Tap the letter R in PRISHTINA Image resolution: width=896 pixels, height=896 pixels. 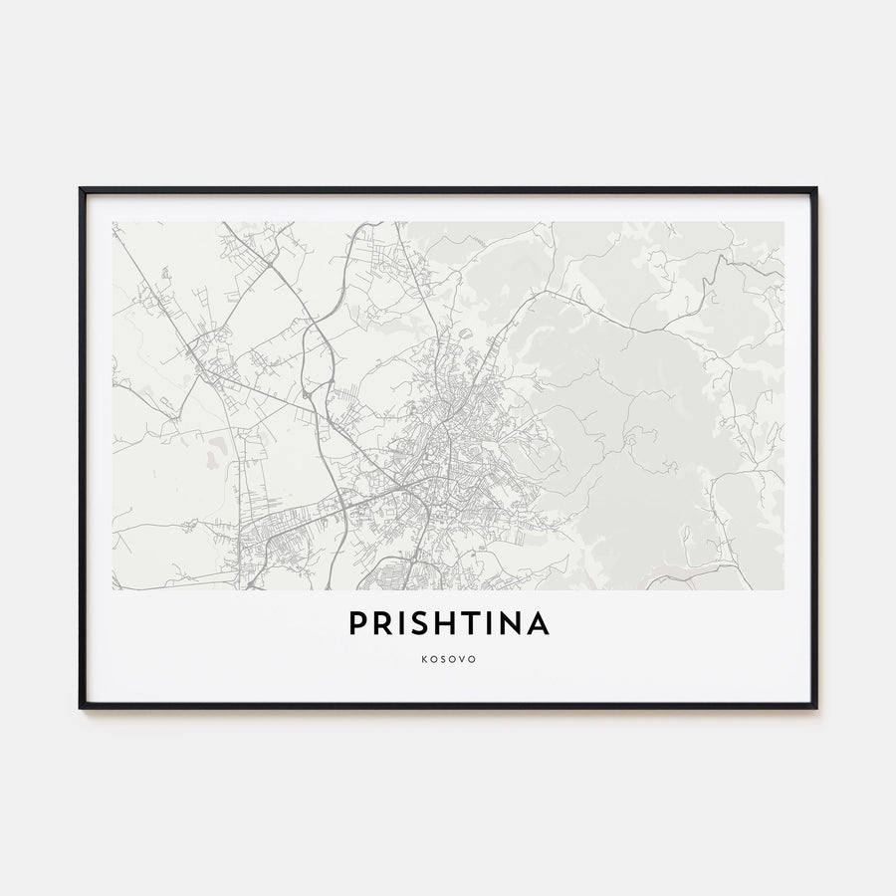coord(382,624)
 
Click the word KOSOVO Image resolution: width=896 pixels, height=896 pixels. coord(448,658)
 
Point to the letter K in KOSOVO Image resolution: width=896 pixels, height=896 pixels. coord(425,658)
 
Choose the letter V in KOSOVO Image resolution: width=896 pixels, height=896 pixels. coord(461,658)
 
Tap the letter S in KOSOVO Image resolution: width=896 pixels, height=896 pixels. coord(443,658)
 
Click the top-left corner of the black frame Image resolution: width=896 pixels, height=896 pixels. coord(81,189)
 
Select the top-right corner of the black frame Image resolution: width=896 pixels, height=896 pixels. coord(815,189)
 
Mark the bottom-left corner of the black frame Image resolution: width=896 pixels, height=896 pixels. coord(81,707)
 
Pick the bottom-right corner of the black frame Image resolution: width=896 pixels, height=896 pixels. coord(815,707)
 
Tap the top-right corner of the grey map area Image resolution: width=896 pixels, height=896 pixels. coord(783,222)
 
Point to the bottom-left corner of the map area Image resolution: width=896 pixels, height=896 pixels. coord(113,589)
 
